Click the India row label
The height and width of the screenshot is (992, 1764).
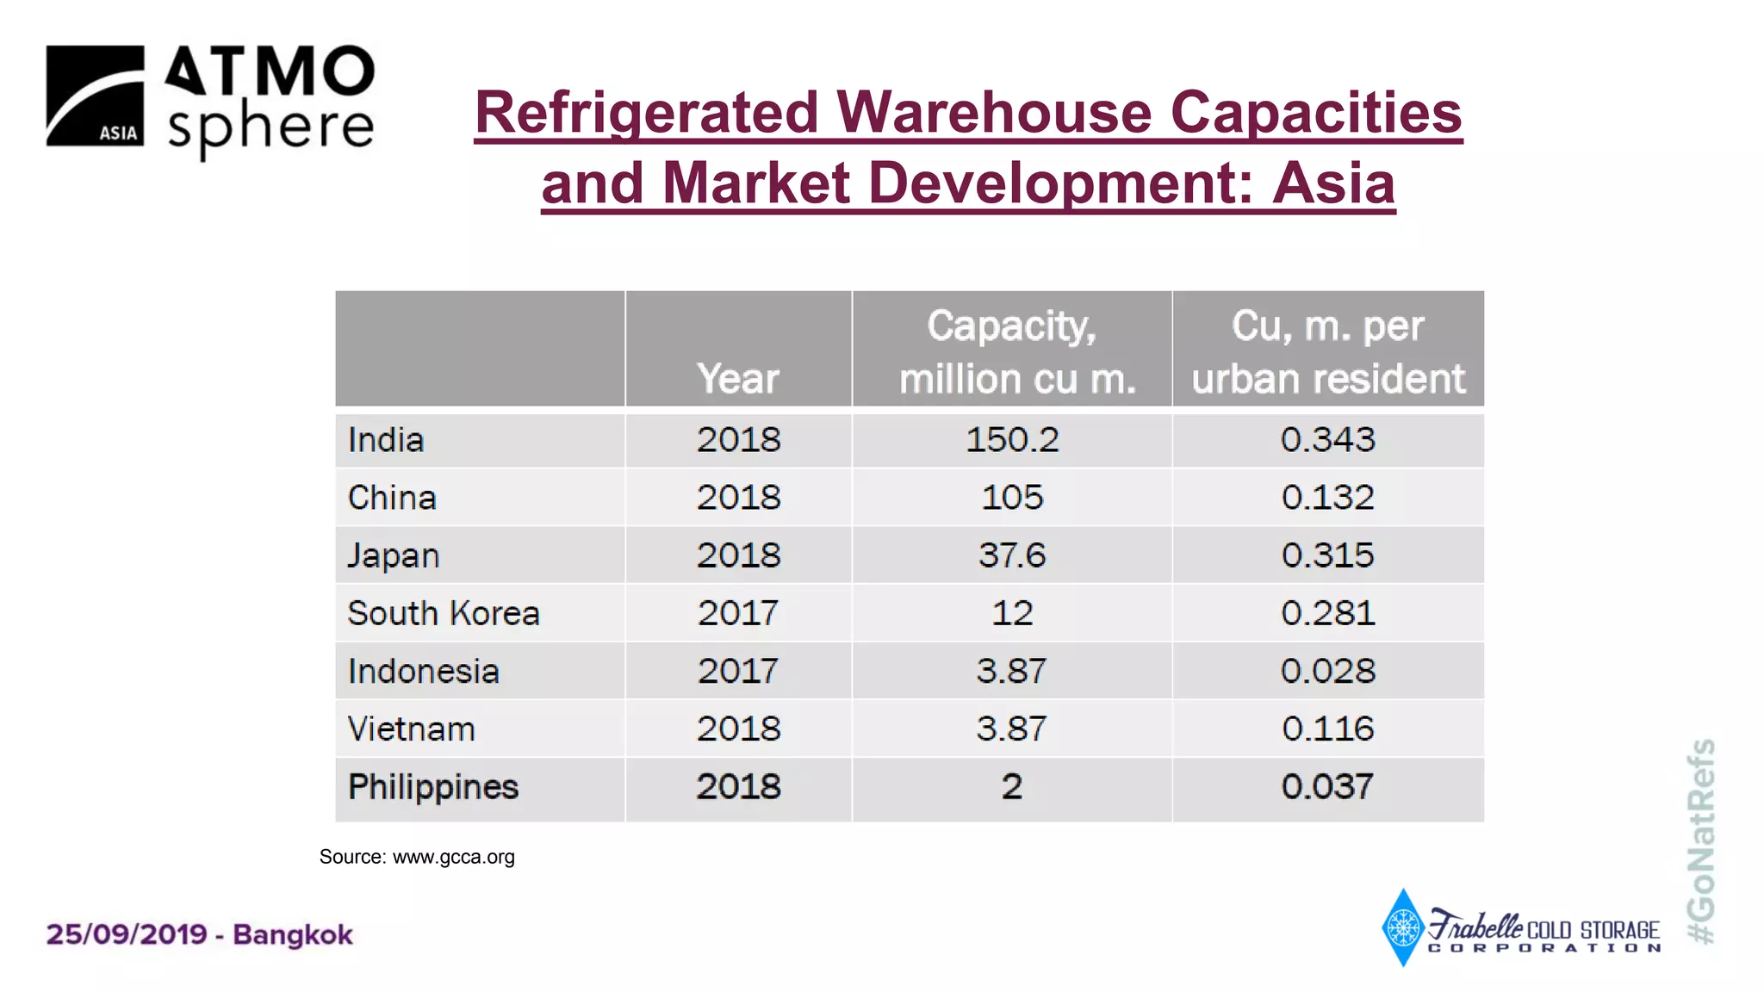pyautogui.click(x=386, y=440)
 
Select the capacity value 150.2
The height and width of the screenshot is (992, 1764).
pyautogui.click(x=1011, y=440)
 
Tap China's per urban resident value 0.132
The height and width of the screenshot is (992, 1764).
pyautogui.click(x=1327, y=498)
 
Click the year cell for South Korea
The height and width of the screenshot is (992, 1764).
pyautogui.click(x=738, y=613)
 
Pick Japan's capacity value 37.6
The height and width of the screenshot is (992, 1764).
pyautogui.click(x=1011, y=555)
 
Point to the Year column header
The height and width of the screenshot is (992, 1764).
pyautogui.click(x=738, y=378)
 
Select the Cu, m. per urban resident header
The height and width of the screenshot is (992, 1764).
pyautogui.click(x=1327, y=351)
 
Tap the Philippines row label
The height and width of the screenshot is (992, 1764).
pyautogui.click(x=433, y=787)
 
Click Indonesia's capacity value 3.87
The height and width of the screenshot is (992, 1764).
pyautogui.click(x=1011, y=671)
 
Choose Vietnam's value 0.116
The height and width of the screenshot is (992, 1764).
pyautogui.click(x=1327, y=729)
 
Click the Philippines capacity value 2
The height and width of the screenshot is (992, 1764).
pyautogui.click(x=1011, y=787)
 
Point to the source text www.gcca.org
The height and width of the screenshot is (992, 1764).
pyautogui.click(x=453, y=857)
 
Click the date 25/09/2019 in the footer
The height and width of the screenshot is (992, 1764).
pyautogui.click(x=127, y=934)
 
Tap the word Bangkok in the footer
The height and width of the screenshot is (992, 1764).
pyautogui.click(x=293, y=934)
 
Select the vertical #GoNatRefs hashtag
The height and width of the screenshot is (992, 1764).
pyautogui.click(x=1700, y=841)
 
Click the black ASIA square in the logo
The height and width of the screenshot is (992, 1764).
pyautogui.click(x=95, y=96)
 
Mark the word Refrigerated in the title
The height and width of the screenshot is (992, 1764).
pyautogui.click(x=645, y=113)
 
